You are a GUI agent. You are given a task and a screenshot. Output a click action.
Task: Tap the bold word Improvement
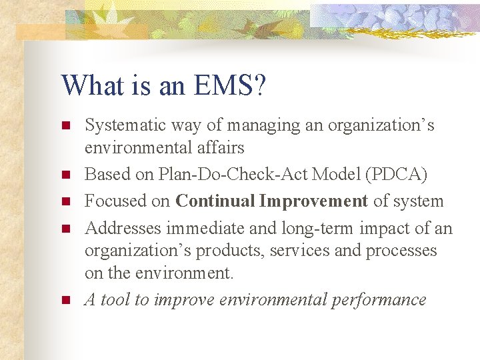[x=313, y=201]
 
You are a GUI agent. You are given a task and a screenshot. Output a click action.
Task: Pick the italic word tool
[x=117, y=300]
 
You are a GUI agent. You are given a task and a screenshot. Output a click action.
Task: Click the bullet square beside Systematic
[x=65, y=125]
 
